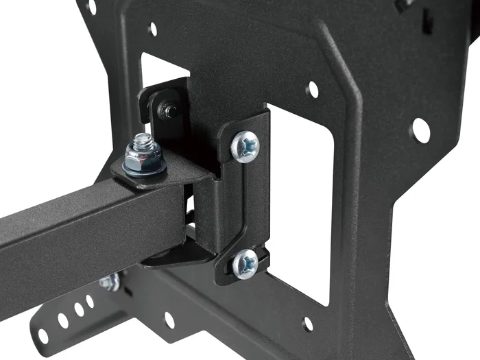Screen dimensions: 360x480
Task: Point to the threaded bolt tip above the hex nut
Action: [x=142, y=141]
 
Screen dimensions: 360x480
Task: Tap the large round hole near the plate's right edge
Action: [x=420, y=130]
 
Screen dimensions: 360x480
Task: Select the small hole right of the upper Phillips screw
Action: [x=312, y=89]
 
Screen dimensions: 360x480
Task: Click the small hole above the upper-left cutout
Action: [x=152, y=29]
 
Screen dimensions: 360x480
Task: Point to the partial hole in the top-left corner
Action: [x=91, y=7]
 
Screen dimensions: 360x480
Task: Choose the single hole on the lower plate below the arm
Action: [x=169, y=319]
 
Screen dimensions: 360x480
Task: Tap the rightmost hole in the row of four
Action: [x=90, y=301]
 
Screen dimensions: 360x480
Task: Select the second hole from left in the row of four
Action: [x=62, y=320]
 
